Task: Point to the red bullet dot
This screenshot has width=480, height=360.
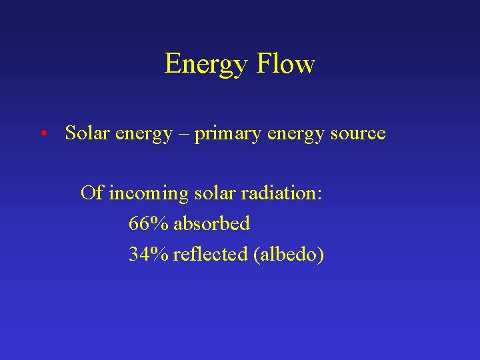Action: point(42,133)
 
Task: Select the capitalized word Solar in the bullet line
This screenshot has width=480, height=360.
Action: point(87,133)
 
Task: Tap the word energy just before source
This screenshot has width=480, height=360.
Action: point(295,135)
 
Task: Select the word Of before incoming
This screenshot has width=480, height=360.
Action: point(91,193)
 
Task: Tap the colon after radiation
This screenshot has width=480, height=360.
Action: point(321,194)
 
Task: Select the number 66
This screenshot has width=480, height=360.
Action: point(139,224)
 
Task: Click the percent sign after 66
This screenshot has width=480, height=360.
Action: point(159,224)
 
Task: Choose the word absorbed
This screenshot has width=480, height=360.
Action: point(211,224)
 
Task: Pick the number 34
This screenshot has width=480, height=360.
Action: point(139,254)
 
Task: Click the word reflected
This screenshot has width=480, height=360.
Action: point(210,254)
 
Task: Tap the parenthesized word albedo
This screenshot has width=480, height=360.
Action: point(289,254)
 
